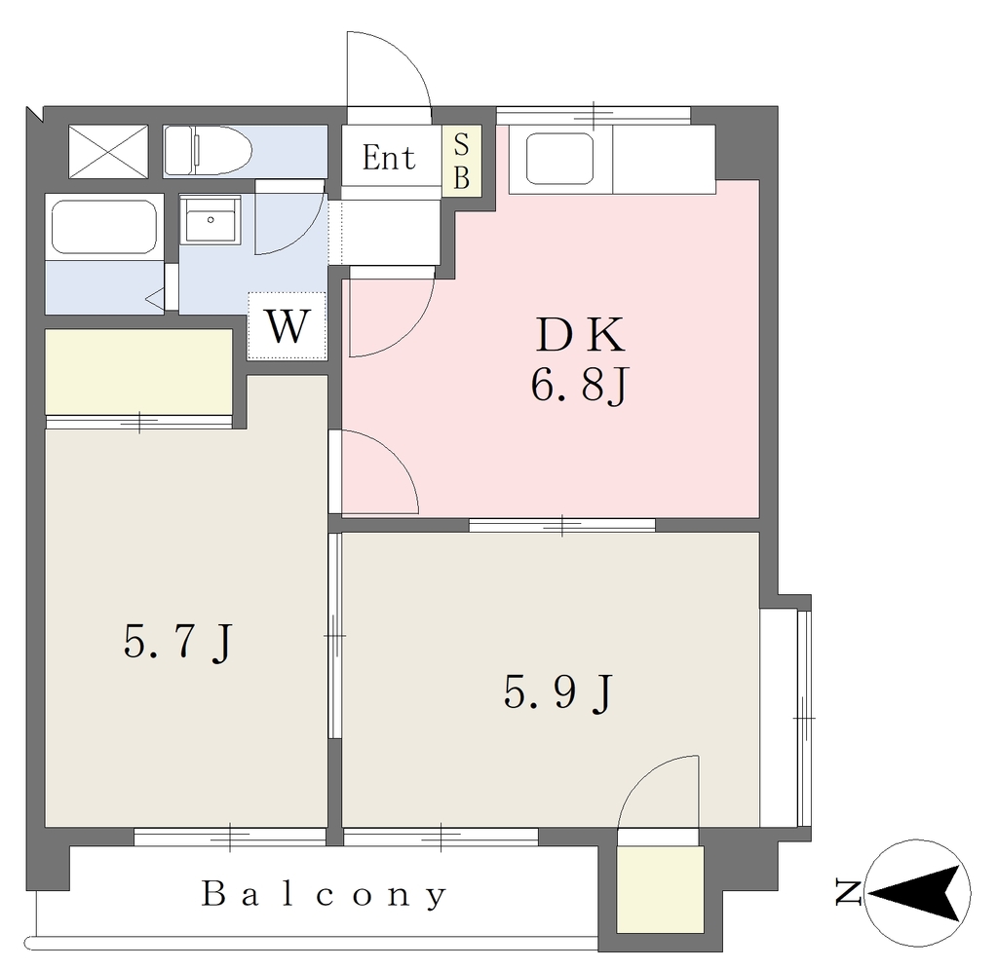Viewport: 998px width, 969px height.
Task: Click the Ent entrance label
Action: [388, 157]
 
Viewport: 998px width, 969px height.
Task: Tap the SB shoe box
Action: [461, 160]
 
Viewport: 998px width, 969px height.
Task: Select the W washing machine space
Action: [288, 325]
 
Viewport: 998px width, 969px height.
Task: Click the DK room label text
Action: [580, 335]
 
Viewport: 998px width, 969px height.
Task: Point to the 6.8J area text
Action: [580, 385]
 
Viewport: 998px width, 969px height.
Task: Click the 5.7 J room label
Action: [178, 642]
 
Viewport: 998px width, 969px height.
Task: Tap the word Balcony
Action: [325, 895]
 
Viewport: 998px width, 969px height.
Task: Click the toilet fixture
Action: [208, 151]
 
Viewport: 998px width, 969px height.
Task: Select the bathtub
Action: [104, 228]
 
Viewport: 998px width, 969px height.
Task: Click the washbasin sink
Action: [211, 219]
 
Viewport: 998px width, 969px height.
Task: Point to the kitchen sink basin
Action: [560, 159]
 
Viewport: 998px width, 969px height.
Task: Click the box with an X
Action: [108, 151]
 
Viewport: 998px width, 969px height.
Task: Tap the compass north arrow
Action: [916, 893]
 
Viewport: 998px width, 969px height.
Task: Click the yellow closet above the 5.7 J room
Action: [138, 371]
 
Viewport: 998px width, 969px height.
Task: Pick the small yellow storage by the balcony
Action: [660, 889]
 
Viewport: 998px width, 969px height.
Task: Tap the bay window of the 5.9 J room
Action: [787, 717]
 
